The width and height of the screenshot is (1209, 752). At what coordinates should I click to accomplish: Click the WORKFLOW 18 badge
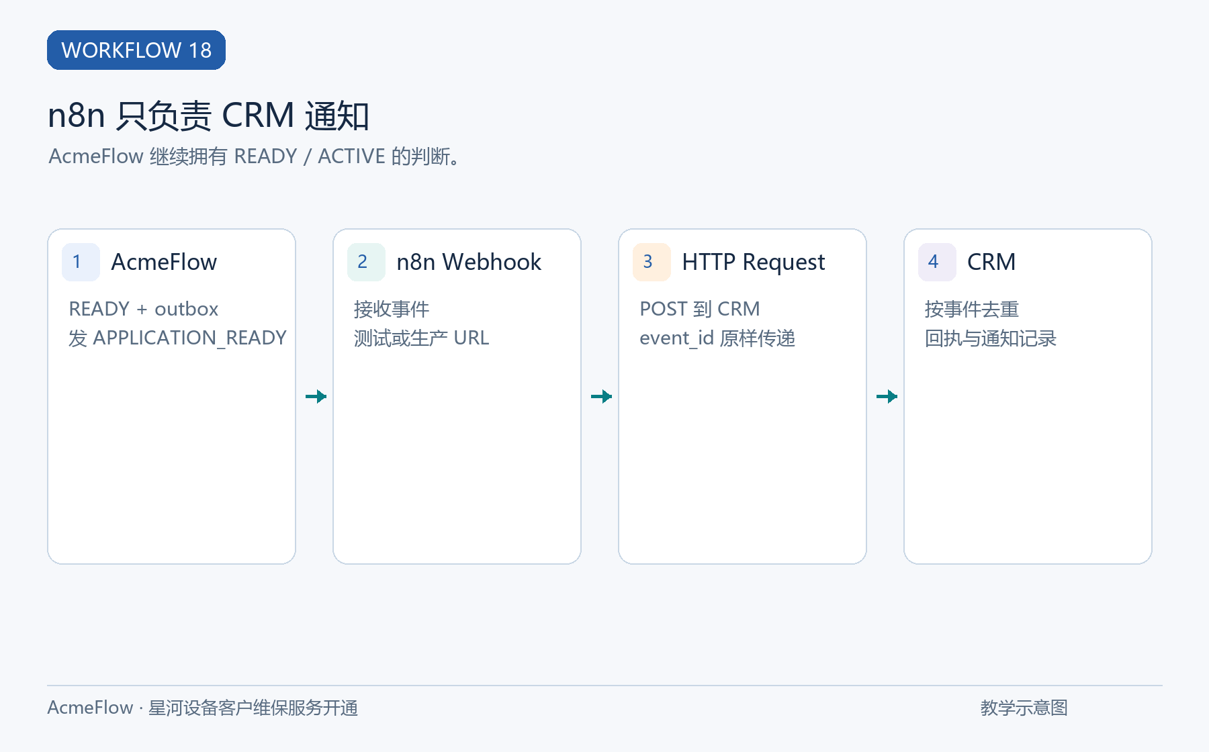136,50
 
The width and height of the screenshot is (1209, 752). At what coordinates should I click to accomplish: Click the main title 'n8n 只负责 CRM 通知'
208,115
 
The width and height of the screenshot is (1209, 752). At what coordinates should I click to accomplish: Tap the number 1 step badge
81,262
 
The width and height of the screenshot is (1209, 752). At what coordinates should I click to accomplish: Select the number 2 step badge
366,262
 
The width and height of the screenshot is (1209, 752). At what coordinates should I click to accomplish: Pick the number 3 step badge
652,262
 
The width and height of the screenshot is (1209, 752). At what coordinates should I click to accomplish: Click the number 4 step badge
937,262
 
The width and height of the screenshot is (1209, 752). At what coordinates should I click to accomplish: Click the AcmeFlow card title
164,262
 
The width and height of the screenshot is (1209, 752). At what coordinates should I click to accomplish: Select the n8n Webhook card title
469,262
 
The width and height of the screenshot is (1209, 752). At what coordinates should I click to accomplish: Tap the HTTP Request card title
754,263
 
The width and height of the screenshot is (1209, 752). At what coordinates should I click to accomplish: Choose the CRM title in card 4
991,262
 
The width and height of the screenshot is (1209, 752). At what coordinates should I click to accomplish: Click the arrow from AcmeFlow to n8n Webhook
316,396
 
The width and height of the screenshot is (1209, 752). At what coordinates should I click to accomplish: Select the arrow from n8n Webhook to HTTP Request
601,396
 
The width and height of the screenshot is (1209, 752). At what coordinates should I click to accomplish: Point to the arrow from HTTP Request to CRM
887,396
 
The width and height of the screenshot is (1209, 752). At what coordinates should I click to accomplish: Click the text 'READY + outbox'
144,309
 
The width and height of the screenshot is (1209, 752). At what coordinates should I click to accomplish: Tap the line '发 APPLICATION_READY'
177,338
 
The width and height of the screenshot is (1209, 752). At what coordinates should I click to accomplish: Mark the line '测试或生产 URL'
422,338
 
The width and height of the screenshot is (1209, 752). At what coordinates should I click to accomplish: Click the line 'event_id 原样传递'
717,338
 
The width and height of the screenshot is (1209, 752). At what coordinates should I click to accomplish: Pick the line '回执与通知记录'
991,338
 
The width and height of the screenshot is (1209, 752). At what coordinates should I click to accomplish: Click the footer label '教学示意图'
1024,708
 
